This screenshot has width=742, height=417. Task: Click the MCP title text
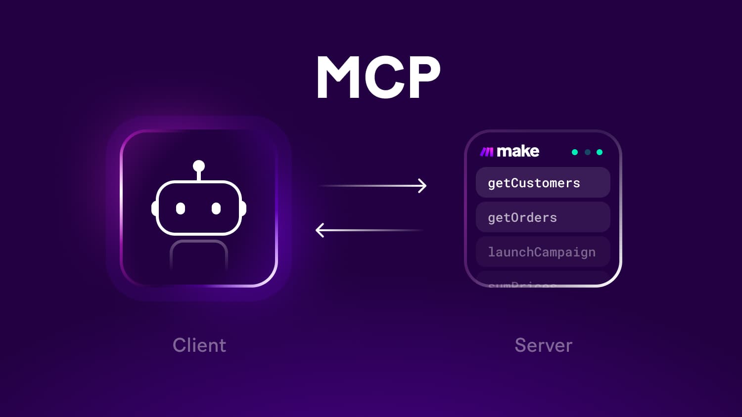(x=378, y=77)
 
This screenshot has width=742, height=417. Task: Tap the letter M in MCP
(x=338, y=77)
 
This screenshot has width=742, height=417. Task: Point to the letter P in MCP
(x=420, y=77)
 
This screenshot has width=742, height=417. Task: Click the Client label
(x=199, y=345)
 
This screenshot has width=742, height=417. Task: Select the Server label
(x=543, y=345)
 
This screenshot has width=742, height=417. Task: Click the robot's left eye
(x=181, y=208)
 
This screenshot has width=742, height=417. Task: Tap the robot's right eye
(x=216, y=208)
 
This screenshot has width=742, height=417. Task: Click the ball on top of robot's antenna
(x=199, y=166)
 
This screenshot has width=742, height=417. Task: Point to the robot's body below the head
(x=199, y=254)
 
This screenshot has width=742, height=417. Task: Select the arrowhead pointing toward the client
(x=320, y=230)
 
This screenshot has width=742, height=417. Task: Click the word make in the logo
(x=517, y=151)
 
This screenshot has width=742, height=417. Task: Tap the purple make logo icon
(x=487, y=152)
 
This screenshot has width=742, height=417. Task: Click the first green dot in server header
(x=575, y=152)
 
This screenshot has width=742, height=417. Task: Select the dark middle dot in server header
(x=587, y=152)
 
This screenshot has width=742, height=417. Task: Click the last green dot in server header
(x=600, y=152)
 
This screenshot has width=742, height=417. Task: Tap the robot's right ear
(x=243, y=208)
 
